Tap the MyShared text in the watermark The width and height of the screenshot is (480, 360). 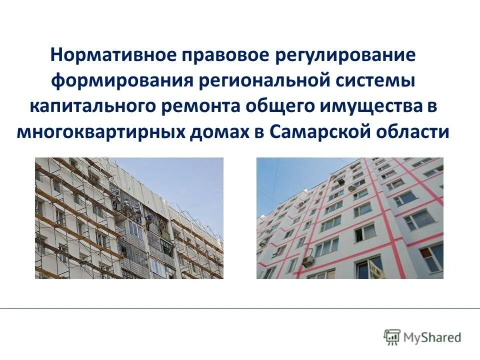[433, 337]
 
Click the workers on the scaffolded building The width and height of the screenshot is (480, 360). [135, 210]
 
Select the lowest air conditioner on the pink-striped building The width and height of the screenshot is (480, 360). [307, 260]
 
